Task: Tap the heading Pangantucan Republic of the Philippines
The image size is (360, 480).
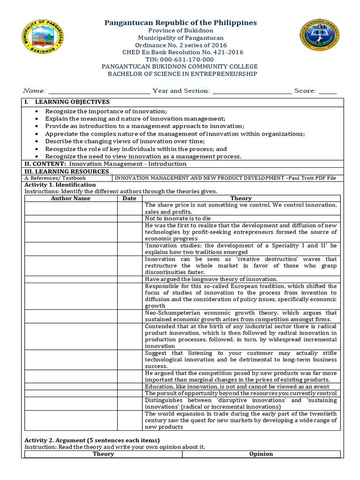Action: point(180,23)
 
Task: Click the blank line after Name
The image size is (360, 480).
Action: point(99,91)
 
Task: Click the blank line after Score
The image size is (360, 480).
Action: point(328,91)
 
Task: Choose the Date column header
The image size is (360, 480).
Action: point(129,198)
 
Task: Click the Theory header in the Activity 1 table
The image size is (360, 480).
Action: point(241,198)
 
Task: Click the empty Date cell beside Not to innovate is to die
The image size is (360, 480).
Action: point(129,218)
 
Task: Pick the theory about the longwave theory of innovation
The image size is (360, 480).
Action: point(211,279)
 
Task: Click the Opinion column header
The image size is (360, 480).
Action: point(261,454)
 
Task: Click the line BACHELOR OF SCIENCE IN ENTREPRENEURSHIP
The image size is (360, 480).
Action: point(182,74)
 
